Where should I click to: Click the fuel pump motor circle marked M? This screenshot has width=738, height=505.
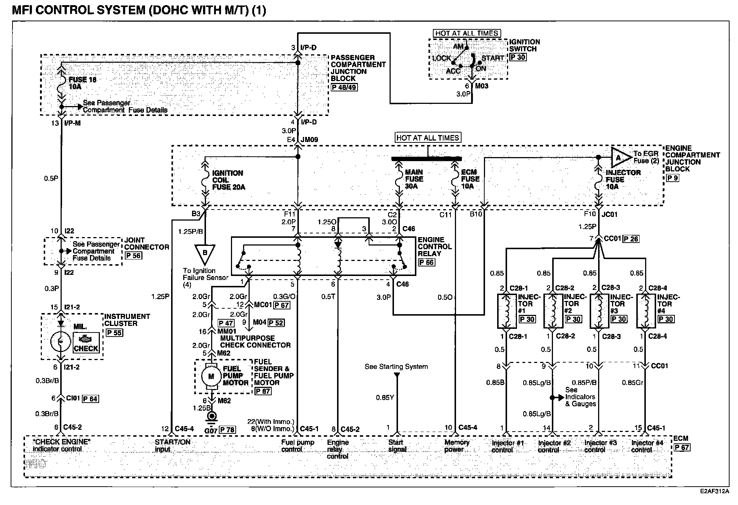tap(211, 376)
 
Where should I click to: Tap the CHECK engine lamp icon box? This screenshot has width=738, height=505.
tap(86, 343)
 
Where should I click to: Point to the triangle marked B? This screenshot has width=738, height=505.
tap(205, 254)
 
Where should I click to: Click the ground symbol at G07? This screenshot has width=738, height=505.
tap(211, 417)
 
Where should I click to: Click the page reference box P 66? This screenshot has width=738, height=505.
tap(426, 262)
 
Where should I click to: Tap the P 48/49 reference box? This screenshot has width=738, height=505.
tap(344, 87)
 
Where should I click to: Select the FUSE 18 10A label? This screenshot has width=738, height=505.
tap(83, 83)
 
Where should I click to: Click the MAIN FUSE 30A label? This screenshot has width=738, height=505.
tap(414, 179)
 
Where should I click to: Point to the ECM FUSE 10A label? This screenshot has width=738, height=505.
tap(470, 179)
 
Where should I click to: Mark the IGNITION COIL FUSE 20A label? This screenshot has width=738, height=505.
tap(228, 180)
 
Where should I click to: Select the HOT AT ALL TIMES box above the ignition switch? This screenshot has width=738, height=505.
tap(466, 33)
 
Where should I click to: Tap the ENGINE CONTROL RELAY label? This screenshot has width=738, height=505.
tap(435, 246)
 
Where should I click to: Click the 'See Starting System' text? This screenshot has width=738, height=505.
tap(396, 367)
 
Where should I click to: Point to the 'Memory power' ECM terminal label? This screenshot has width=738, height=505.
tap(457, 446)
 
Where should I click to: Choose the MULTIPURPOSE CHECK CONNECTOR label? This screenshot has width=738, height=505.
tap(255, 342)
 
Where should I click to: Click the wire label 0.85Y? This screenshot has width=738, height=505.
tap(385, 397)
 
